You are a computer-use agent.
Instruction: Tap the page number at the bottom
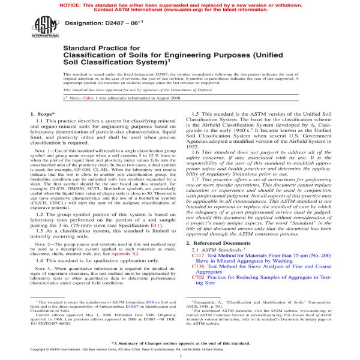pos(180,355)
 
